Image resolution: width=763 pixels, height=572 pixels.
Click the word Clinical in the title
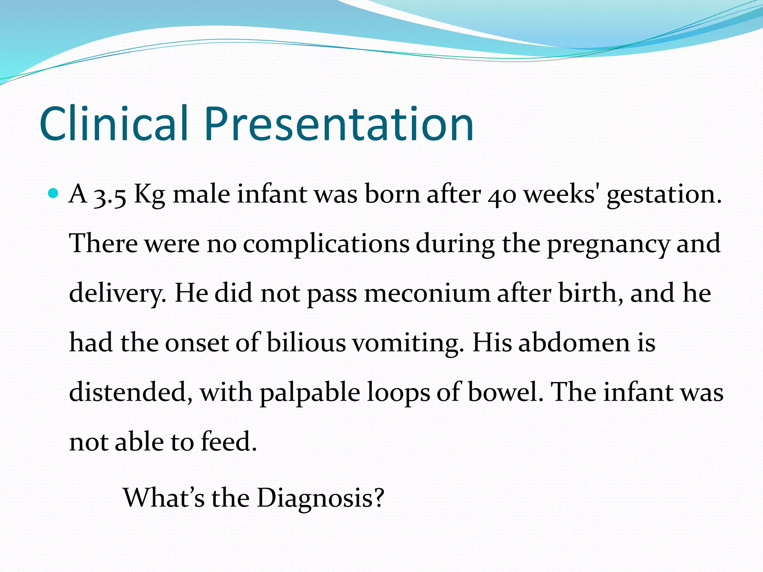coord(114,124)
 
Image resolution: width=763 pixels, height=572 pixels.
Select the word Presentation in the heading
coord(339,124)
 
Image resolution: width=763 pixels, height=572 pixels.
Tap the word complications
coord(326,244)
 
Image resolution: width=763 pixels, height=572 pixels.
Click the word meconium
coord(427,293)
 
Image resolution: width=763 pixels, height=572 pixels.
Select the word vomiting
coord(408,343)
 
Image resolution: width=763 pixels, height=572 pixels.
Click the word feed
coord(229,442)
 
